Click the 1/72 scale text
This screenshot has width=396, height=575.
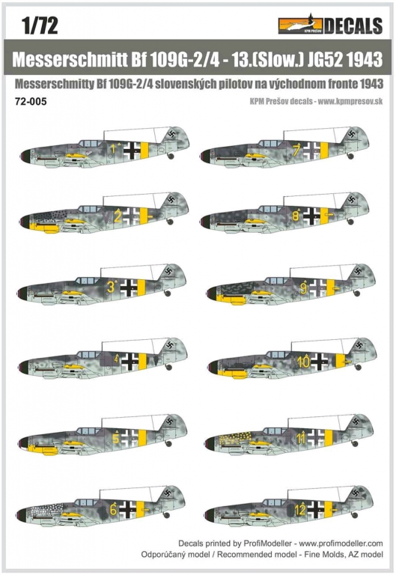[x=40, y=25]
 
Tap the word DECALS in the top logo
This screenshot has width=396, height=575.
[x=353, y=25]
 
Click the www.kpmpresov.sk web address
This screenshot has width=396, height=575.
[x=350, y=102]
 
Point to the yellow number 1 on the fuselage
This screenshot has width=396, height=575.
[x=114, y=148]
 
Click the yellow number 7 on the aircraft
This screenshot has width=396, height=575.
[x=296, y=150]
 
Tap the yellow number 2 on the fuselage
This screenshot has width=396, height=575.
[x=118, y=216]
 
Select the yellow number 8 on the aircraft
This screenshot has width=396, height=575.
[x=296, y=216]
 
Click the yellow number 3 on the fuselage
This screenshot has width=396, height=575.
[x=111, y=287]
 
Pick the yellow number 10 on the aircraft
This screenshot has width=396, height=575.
[x=304, y=362]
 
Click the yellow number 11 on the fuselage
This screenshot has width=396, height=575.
[x=301, y=438]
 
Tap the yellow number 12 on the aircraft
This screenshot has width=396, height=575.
[x=300, y=510]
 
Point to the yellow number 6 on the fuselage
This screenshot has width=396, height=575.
[x=113, y=509]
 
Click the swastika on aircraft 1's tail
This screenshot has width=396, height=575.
[x=171, y=133]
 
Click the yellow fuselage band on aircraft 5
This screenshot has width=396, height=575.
[x=142, y=437]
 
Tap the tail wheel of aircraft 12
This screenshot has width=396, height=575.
[x=355, y=515]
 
